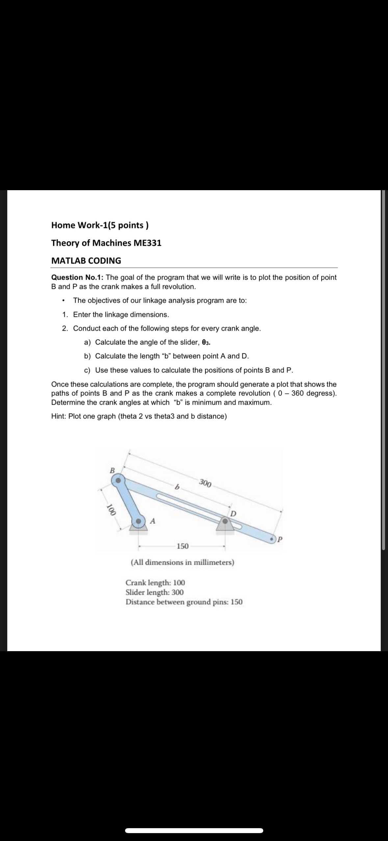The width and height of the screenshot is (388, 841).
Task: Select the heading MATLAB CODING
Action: click(86, 261)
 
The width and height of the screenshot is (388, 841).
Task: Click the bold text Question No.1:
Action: click(77, 277)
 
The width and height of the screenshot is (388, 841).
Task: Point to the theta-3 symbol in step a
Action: click(206, 342)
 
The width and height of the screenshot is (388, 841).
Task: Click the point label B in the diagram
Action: click(112, 470)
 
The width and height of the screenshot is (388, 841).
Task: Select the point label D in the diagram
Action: click(233, 513)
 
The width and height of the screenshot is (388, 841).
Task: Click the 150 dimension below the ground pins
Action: click(183, 547)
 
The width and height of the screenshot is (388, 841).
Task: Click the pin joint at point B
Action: click(117, 480)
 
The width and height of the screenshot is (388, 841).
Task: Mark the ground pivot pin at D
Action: click(225, 521)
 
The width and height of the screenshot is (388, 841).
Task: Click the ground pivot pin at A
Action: click(139, 522)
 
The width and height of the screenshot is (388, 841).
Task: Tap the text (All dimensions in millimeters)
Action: click(183, 562)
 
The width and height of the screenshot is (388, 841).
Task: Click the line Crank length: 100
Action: click(155, 583)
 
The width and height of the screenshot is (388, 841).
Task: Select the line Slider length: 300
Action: click(154, 592)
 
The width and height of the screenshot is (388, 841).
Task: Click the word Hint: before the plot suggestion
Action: click(59, 417)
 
